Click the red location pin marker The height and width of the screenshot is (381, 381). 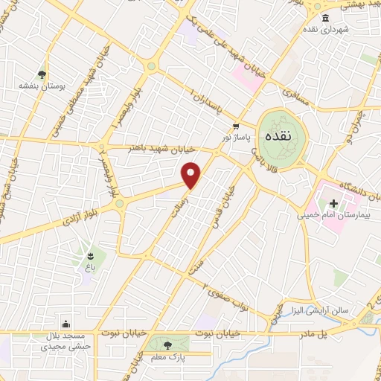(x=192, y=175)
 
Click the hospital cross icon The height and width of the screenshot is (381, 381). (x=334, y=203)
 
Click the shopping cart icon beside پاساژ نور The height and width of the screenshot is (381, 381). (x=236, y=126)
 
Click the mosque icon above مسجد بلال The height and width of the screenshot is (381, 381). (x=66, y=323)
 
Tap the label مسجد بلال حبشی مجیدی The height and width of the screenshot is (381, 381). (x=66, y=340)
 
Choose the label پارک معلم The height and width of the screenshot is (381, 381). (x=167, y=357)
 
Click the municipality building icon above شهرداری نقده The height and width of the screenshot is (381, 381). (x=325, y=18)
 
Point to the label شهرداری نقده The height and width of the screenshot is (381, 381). (x=325, y=29)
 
